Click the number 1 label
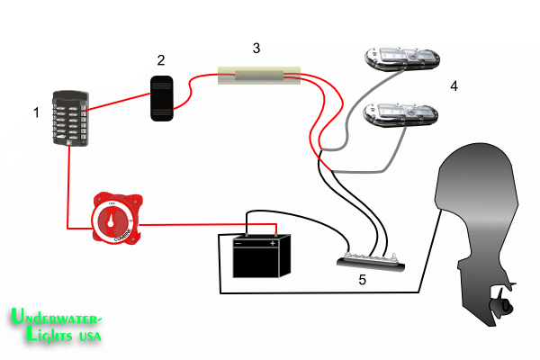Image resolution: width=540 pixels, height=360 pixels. (x=36, y=113)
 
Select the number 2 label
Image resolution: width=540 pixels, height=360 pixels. (x=161, y=60)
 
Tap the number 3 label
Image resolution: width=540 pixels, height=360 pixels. (x=256, y=48)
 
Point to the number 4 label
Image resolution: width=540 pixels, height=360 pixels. (x=454, y=86)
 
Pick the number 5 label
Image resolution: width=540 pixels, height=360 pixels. (x=362, y=280)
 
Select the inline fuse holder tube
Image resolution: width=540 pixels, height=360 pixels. (x=258, y=77)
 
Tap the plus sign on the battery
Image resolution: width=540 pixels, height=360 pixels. (x=272, y=242)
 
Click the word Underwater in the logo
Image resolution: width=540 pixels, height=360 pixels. (x=57, y=319)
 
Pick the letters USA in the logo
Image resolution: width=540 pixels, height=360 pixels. (x=87, y=337)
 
